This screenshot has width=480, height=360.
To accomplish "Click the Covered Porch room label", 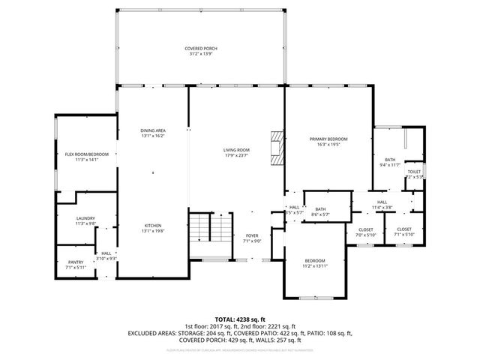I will click(201, 49).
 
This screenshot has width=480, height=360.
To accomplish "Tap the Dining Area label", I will click(153, 130).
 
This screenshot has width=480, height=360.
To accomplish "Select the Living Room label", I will click(236, 151).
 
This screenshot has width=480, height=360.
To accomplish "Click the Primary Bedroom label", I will click(328, 139).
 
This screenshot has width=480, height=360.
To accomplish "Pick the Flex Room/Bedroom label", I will click(86, 154).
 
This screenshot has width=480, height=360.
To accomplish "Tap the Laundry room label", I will click(85, 218).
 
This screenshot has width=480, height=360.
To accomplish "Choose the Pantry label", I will click(76, 262).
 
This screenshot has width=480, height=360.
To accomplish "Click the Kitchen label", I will click(153, 226).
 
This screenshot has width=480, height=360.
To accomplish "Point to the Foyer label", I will click(252, 236).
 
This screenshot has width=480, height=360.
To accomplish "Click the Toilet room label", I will click(414, 172).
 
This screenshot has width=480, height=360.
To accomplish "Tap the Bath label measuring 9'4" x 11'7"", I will click(390, 160).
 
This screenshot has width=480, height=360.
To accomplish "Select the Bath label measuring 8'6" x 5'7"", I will click(320, 209).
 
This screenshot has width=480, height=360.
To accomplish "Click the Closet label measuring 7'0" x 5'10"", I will click(366, 229).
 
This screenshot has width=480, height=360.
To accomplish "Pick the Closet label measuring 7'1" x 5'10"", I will click(403, 229).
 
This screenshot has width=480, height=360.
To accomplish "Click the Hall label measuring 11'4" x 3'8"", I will click(382, 202).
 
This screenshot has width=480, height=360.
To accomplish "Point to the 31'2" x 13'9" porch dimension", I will click(201, 54).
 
